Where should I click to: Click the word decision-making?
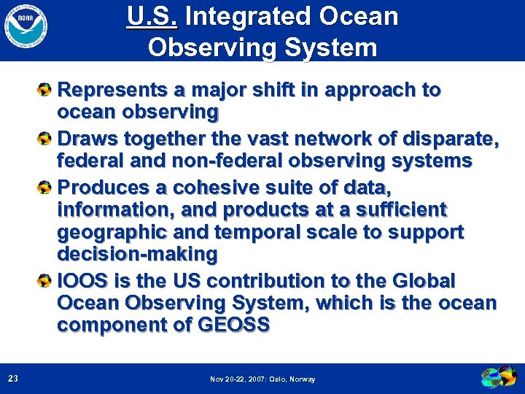137,255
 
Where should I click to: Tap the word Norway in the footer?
303,379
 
